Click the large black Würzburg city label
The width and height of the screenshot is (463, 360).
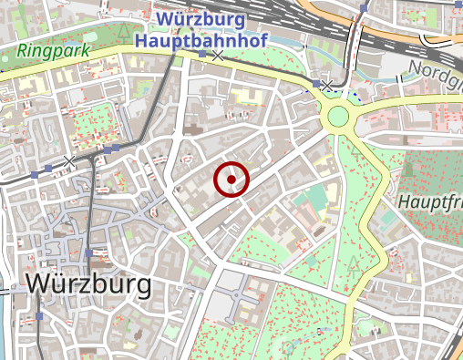coord(89,283)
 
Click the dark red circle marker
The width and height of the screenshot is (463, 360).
coord(231,180)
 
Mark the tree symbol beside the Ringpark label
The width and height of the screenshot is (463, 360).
coord(123,32)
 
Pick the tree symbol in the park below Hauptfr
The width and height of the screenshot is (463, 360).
coord(354,264)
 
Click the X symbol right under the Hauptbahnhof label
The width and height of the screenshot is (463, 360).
coord(218,57)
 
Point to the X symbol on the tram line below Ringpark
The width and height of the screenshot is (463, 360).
coord(69,161)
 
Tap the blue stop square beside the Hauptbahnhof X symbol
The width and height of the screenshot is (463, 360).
coord(202,55)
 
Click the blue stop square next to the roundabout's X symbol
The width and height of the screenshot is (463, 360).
coord(328,84)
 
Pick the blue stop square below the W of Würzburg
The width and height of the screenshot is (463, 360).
coord(40,317)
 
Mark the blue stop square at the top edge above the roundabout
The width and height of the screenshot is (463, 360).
coord(364,9)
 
